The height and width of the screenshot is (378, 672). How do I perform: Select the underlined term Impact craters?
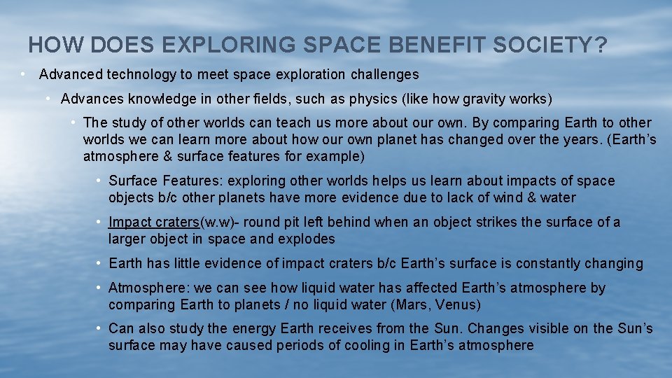click(x=154, y=223)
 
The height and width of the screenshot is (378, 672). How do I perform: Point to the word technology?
click(x=134, y=74)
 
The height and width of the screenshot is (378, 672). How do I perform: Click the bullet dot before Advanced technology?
click(x=23, y=74)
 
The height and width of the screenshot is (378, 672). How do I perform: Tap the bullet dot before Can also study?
click(x=101, y=328)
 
